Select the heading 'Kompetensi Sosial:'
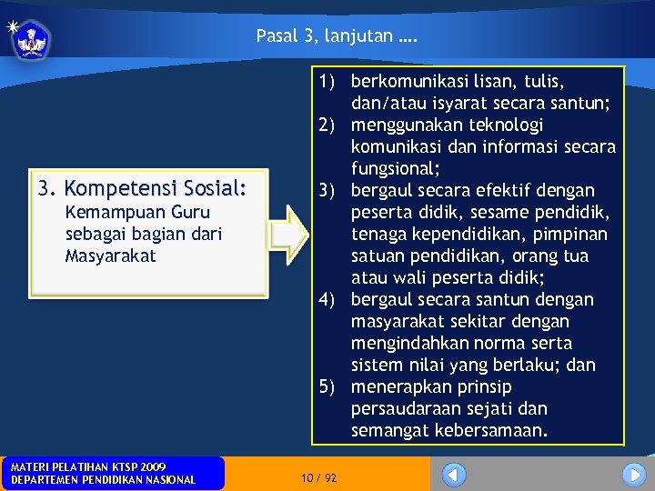156,189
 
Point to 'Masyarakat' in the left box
111,256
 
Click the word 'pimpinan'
573,235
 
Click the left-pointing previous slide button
453,475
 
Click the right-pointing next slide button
633,475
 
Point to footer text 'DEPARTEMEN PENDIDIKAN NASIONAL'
103,480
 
